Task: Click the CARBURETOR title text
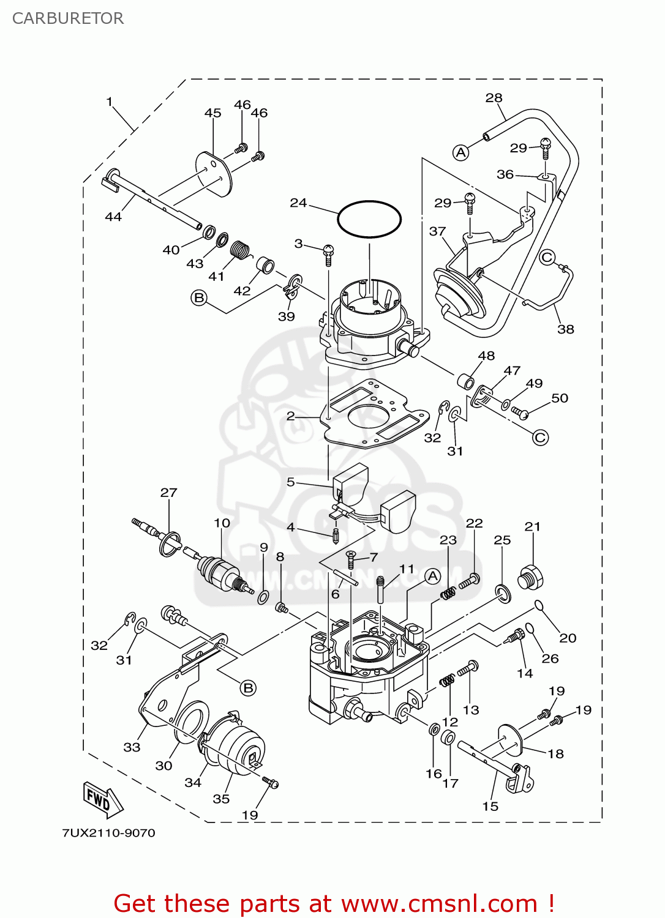coord(68,18)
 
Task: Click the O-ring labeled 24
coord(369,218)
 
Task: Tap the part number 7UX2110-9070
coord(108,833)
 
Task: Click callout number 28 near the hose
coord(494,98)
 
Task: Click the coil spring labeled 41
coord(241,250)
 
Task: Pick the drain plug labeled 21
coord(531,578)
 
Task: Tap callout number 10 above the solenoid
coord(222,523)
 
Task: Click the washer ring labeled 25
coord(503,592)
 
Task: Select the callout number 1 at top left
coord(110,102)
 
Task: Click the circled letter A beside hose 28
coord(461,152)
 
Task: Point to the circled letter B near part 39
coord(199,298)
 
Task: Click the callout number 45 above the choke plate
coord(212,113)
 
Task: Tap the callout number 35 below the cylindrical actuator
coord(221,799)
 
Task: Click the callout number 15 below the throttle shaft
coord(490,806)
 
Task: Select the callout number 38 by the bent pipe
coord(565,329)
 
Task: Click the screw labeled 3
coord(328,253)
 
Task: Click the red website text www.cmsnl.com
coord(438,904)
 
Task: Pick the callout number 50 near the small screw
coord(560,398)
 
